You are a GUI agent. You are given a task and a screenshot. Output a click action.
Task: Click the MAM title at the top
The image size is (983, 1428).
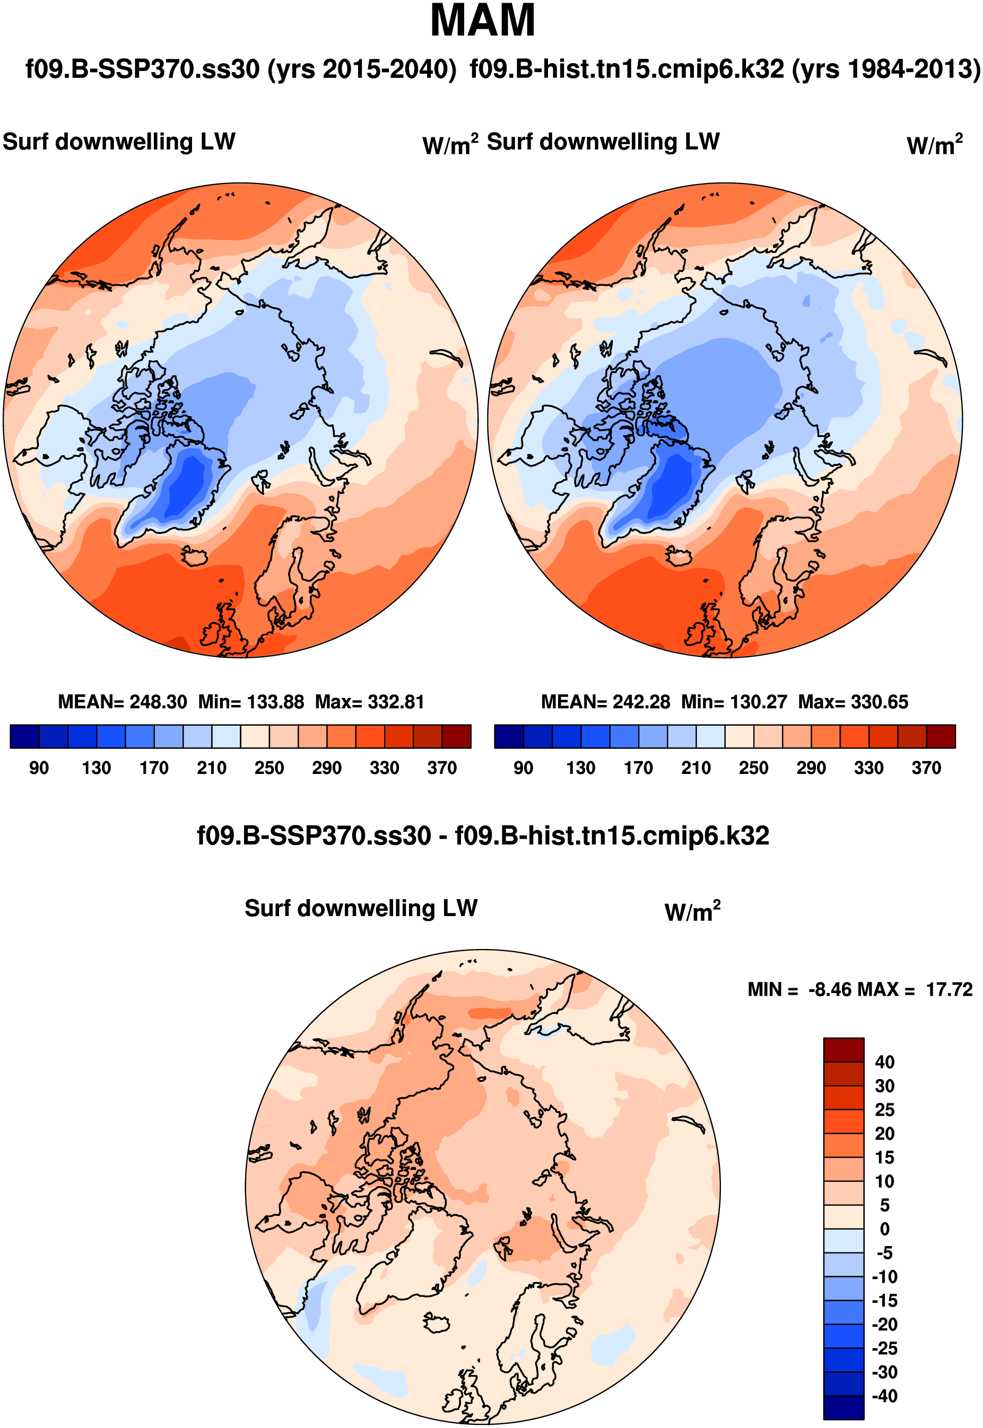(x=482, y=21)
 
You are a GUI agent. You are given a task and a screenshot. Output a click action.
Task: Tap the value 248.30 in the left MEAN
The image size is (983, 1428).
(x=158, y=702)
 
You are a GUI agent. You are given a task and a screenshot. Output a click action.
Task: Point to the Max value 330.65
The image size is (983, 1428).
(x=879, y=702)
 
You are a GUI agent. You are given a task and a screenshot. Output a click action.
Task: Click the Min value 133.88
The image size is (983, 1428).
(x=275, y=702)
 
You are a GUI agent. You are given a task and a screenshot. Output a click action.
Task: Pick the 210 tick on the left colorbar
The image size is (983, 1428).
(x=211, y=768)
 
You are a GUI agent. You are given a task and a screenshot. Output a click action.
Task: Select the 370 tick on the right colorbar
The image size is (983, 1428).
(x=926, y=768)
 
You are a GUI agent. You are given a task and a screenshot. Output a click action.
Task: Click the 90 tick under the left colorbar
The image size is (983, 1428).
(x=39, y=768)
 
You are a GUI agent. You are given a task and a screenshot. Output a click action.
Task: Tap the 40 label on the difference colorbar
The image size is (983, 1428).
(x=884, y=1062)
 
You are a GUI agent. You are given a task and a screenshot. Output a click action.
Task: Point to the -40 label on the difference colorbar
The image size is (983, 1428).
(x=884, y=1396)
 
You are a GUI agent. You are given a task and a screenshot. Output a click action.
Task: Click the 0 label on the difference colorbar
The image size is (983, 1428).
(x=884, y=1229)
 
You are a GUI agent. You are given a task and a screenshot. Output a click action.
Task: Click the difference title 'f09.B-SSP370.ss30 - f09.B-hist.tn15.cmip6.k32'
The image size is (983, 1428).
(x=483, y=835)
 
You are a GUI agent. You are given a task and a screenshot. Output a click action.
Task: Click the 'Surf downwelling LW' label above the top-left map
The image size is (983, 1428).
(x=119, y=142)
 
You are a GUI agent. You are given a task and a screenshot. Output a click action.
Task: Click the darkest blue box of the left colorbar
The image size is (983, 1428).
(x=24, y=736)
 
